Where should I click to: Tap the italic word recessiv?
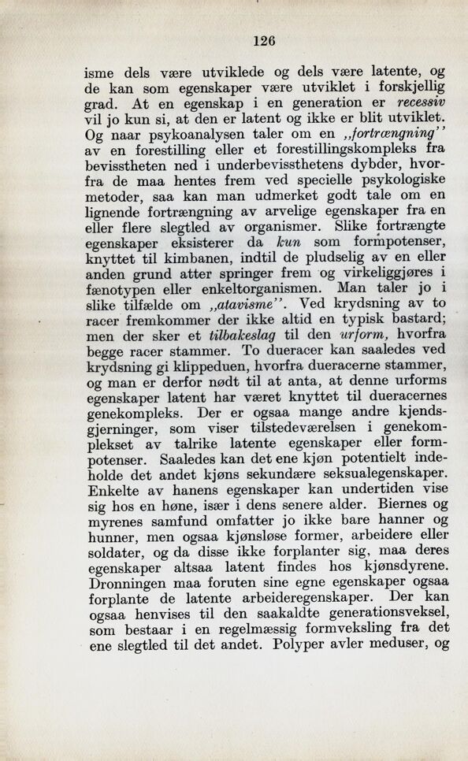pos(422,102)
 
